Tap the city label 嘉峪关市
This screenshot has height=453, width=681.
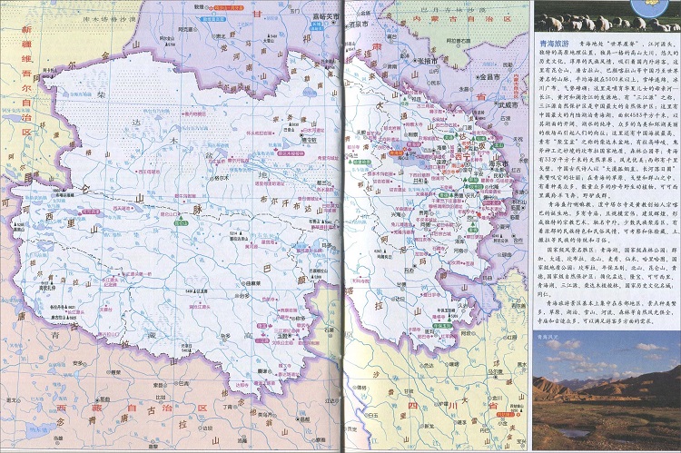pos(323,15)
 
